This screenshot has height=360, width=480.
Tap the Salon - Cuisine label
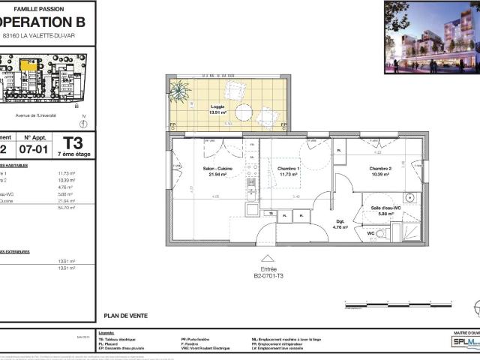(x=217, y=169)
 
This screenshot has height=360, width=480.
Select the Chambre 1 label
(x=289, y=169)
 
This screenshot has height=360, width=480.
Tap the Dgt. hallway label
(x=340, y=221)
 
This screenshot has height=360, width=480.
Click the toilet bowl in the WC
(x=382, y=234)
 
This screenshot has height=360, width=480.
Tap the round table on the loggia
(x=244, y=112)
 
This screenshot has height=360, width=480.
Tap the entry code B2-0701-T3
(x=268, y=276)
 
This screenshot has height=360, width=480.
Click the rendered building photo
(x=431, y=37)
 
